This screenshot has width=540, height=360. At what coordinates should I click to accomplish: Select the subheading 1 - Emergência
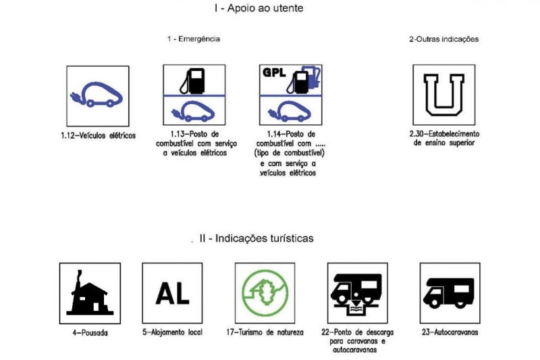(x=193, y=39)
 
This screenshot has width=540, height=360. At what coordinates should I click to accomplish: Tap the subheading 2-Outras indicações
(x=443, y=39)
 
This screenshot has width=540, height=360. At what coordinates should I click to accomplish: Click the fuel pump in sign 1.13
(x=194, y=80)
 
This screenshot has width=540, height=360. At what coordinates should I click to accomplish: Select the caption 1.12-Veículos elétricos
(x=98, y=135)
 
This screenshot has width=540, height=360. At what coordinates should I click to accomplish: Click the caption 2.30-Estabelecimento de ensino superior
(x=443, y=138)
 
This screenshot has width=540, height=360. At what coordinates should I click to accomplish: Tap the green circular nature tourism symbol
(x=265, y=293)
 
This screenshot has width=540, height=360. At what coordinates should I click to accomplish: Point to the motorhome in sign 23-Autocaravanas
(x=449, y=291)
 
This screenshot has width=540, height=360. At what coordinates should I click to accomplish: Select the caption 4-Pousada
(x=90, y=333)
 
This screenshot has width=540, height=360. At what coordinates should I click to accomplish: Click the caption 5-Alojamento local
(x=173, y=333)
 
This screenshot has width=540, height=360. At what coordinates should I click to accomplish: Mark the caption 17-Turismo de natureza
(x=265, y=333)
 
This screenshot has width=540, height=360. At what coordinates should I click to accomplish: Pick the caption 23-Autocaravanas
(x=449, y=333)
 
